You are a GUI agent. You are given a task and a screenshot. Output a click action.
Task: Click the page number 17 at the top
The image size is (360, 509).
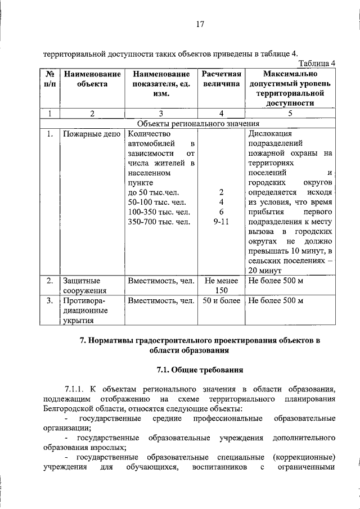pyautogui.click(x=199, y=24)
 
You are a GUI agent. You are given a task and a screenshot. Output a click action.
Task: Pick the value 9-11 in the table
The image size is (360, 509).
pyautogui.click(x=221, y=222)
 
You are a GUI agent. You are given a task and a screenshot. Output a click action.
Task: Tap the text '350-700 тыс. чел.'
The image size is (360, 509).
pyautogui.click(x=159, y=222)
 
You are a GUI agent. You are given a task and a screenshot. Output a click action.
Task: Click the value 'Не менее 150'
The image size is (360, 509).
pyautogui.click(x=221, y=285)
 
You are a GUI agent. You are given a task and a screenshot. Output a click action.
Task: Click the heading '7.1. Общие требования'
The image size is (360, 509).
pyautogui.click(x=199, y=370)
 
